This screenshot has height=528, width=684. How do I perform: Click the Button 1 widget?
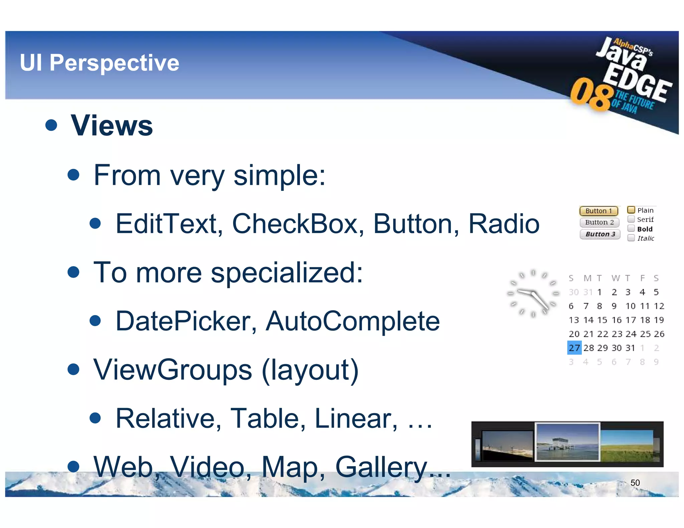coord(598,211)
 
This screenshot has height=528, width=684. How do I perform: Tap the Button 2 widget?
coord(599,222)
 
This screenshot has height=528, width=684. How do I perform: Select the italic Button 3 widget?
coord(600,234)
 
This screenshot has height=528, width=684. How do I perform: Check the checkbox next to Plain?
coord(631,210)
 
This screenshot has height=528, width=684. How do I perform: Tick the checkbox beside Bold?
coord(631,229)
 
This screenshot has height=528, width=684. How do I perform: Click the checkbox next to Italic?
coord(631,238)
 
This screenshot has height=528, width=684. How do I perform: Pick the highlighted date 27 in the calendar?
coord(574,348)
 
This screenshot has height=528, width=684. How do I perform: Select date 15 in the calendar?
coord(602,320)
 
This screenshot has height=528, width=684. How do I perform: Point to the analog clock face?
coord(533,293)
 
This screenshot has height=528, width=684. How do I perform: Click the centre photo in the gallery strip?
coord(567,442)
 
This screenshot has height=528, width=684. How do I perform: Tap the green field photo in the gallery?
coord(627,445)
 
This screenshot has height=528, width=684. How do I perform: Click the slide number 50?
coord(635,483)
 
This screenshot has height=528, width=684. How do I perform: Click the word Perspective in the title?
coord(114,63)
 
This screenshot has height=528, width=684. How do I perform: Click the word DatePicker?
coord(186,321)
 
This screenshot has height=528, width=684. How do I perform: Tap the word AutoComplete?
coord(352,321)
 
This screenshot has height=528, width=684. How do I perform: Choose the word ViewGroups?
coord(172,370)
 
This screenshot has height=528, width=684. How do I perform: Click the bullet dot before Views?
coord(51,125)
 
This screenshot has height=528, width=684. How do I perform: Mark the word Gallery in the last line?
coord(381,467)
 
